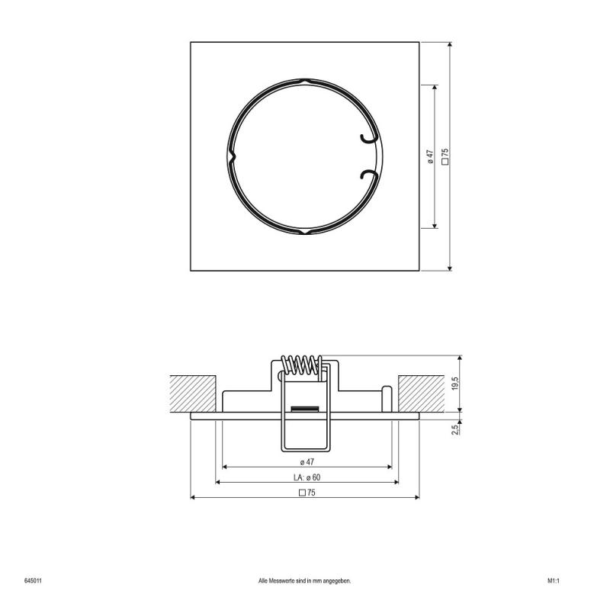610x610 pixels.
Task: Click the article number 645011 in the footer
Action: [x=33, y=580]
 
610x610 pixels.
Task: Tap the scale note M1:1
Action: [x=554, y=580]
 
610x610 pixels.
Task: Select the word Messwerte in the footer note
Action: [x=285, y=580]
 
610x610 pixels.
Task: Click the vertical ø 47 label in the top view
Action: [x=430, y=156]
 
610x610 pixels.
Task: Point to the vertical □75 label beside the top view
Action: [x=445, y=156]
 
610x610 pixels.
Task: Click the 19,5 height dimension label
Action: [x=455, y=384]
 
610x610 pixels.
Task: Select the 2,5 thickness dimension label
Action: [x=455, y=429]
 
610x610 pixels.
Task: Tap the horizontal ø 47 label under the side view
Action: [x=307, y=462]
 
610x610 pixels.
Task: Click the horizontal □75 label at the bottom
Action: [x=307, y=493]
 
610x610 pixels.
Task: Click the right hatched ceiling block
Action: [x=420, y=395]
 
